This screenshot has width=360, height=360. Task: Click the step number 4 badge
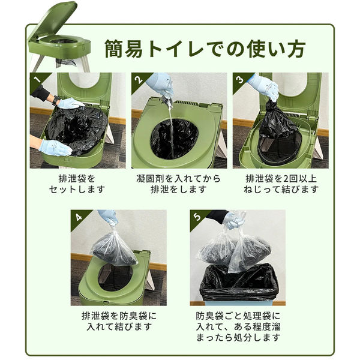pos(76,215)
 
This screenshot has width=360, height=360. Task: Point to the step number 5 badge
pos(196,215)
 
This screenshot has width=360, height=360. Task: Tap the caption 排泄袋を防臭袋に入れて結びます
pos(118,321)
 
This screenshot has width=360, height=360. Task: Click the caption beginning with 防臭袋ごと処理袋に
pos(238,327)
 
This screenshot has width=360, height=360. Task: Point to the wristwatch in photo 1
pos(55,100)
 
